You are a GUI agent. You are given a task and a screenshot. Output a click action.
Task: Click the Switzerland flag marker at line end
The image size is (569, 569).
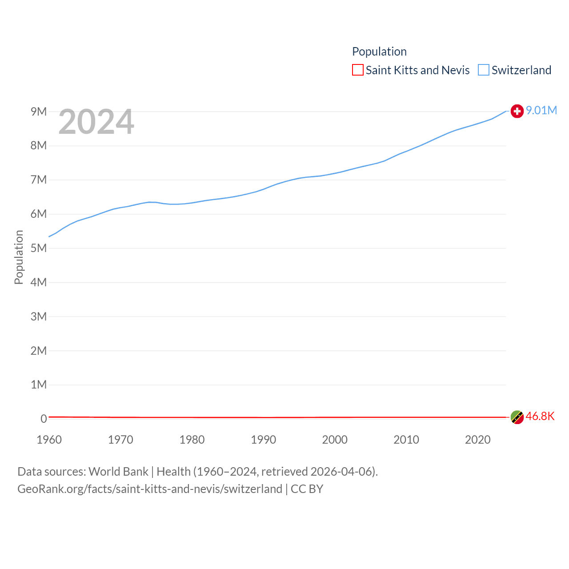pyautogui.click(x=517, y=111)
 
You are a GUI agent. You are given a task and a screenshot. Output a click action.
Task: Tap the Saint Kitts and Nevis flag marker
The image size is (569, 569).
pyautogui.click(x=517, y=417)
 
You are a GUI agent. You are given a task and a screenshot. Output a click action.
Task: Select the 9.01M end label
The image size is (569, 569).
pyautogui.click(x=541, y=110)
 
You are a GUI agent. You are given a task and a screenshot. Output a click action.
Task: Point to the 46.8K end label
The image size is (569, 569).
pyautogui.click(x=540, y=417)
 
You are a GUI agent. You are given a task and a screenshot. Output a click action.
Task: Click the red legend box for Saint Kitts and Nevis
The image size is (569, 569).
pyautogui.click(x=357, y=70)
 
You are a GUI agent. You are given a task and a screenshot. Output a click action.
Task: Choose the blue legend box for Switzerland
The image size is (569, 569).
pyautogui.click(x=483, y=70)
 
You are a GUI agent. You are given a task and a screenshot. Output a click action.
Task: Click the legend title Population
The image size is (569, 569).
pyautogui.click(x=379, y=52)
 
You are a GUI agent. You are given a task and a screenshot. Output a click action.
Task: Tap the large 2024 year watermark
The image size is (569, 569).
pyautogui.click(x=96, y=121)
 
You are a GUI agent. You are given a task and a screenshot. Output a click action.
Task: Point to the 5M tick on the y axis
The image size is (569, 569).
pyautogui.click(x=39, y=248)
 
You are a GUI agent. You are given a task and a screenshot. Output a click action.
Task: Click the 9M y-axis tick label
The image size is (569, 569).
pyautogui.click(x=39, y=112)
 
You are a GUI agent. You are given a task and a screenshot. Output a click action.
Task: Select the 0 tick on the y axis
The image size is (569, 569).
pyautogui.click(x=44, y=419)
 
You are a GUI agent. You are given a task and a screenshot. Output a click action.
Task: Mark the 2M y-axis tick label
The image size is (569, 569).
pyautogui.click(x=39, y=351)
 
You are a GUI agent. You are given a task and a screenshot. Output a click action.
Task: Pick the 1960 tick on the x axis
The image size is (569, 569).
pyautogui.click(x=49, y=440)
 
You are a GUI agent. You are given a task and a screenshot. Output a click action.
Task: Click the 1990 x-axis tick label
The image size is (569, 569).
pyautogui.click(x=264, y=440)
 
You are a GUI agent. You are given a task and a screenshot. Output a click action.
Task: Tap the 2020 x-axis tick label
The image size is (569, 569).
pyautogui.click(x=478, y=440)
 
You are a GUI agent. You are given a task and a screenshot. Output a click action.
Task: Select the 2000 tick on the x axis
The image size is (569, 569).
pyautogui.click(x=335, y=440)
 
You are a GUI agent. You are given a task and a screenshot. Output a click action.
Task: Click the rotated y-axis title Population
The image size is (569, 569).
pyautogui.click(x=19, y=257)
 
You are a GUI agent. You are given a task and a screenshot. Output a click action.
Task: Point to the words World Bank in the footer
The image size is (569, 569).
pyautogui.click(x=118, y=471)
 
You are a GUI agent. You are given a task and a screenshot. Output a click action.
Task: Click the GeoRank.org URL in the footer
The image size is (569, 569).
pyautogui.click(x=150, y=489)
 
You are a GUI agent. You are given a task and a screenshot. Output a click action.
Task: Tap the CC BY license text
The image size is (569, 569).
pyautogui.click(x=307, y=489)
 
